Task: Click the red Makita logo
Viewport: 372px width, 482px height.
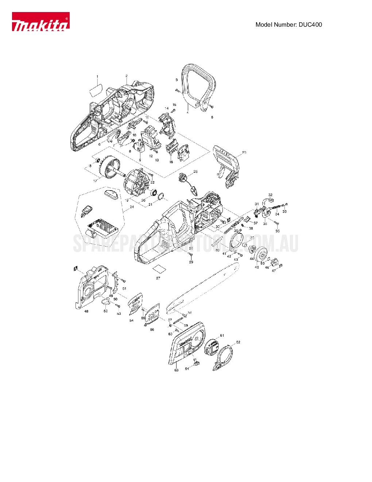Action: point(40,22)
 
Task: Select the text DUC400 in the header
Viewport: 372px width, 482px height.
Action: point(310,25)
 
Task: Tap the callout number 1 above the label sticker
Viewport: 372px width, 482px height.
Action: point(97,77)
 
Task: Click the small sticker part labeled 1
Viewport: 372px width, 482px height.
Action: point(96,90)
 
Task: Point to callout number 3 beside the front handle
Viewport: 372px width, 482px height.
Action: point(177,80)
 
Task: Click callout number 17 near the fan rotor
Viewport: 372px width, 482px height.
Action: point(95,181)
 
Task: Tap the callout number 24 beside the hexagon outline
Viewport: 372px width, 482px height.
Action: point(132,207)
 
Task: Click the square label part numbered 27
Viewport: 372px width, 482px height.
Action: point(159,269)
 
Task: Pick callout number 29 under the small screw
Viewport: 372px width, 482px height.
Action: point(191,262)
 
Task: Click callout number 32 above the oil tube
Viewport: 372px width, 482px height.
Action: point(270,195)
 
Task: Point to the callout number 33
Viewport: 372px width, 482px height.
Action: point(284,211)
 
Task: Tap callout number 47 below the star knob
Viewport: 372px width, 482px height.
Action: point(274,271)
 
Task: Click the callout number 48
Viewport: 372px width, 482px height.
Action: point(86,311)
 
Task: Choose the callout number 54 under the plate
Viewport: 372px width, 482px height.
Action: point(132,321)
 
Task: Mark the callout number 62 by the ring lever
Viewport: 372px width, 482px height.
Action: point(238,342)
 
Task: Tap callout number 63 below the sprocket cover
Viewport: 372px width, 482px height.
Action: point(177,370)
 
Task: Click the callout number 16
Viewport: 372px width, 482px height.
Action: point(171,162)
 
